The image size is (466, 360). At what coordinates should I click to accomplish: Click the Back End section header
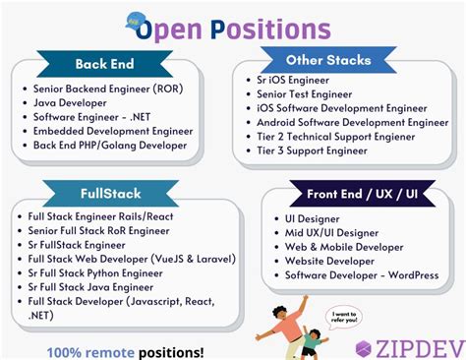point(105,64)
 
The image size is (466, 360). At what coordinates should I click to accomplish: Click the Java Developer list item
point(70,100)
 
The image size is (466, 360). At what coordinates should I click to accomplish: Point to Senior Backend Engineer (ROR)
point(105,87)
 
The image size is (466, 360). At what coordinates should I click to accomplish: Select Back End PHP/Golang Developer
point(109,145)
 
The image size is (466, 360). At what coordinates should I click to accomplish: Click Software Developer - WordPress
point(362,275)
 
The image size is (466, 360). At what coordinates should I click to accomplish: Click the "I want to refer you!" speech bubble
point(342,317)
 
